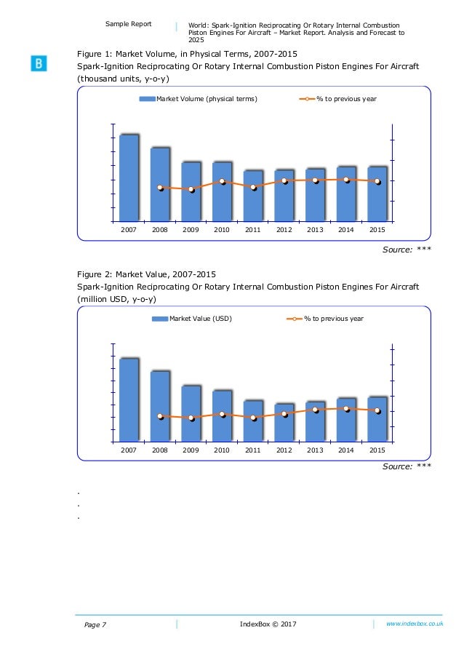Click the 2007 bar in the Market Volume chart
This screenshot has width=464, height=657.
129,178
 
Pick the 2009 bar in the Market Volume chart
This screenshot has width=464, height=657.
191,191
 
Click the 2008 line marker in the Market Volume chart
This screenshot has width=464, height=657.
160,188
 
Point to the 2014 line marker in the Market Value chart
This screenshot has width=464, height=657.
346,409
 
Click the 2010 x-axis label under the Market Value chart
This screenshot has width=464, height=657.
222,450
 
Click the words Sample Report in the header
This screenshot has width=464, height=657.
128,24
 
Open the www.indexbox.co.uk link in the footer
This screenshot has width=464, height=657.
415,624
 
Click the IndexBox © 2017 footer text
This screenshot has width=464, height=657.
268,624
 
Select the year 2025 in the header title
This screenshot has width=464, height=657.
196,41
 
